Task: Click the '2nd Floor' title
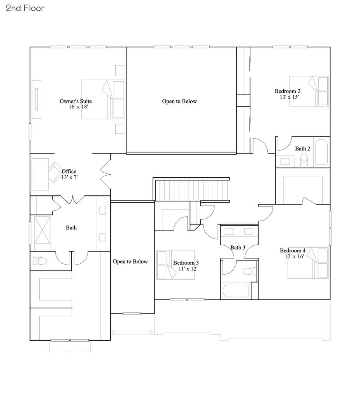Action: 25,8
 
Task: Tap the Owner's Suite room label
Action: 76,101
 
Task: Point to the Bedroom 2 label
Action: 287,91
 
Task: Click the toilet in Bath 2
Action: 304,159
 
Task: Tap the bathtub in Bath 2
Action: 322,152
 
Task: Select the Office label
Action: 69,171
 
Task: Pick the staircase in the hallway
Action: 192,189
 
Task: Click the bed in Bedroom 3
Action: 175,264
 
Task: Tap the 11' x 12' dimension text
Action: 189,269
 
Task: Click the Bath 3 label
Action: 238,247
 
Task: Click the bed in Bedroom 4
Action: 308,263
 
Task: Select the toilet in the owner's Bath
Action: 40,261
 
